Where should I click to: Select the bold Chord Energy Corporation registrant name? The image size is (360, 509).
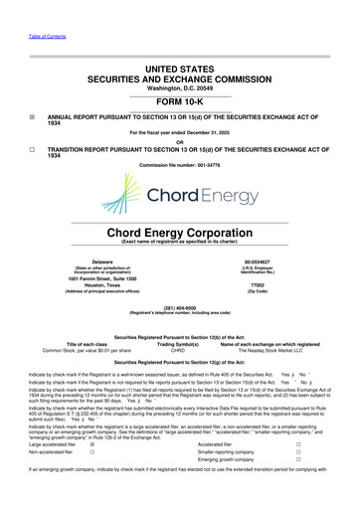(180, 235)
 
